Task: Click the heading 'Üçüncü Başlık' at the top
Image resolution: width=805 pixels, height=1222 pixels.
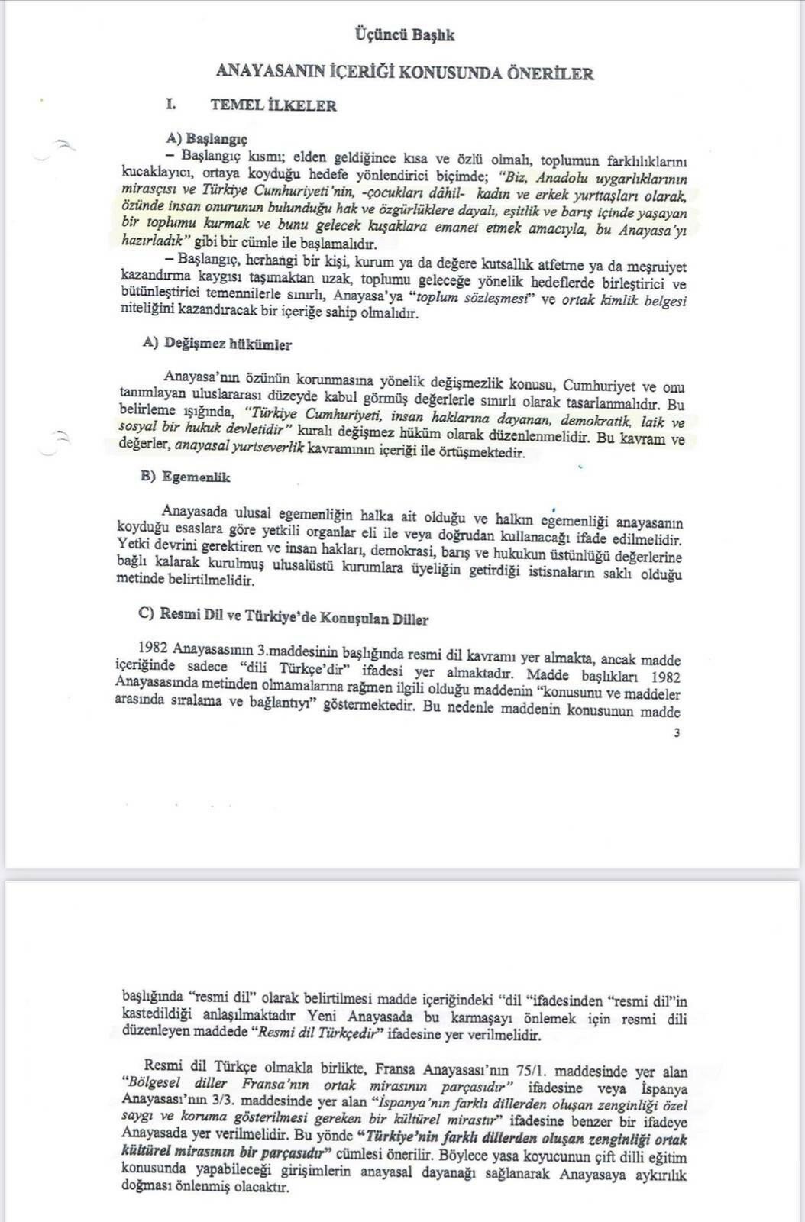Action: pos(405,35)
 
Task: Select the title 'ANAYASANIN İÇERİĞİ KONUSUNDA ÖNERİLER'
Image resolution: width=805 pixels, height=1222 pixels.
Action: pos(405,73)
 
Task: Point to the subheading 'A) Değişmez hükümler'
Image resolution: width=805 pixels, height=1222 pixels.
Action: pos(217,344)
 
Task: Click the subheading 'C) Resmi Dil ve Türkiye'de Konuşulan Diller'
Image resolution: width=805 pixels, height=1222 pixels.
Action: pos(283,619)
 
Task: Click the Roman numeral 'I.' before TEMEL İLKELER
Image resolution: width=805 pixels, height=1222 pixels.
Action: pos(173,105)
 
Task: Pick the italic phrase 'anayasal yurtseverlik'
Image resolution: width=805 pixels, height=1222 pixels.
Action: pos(239,452)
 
